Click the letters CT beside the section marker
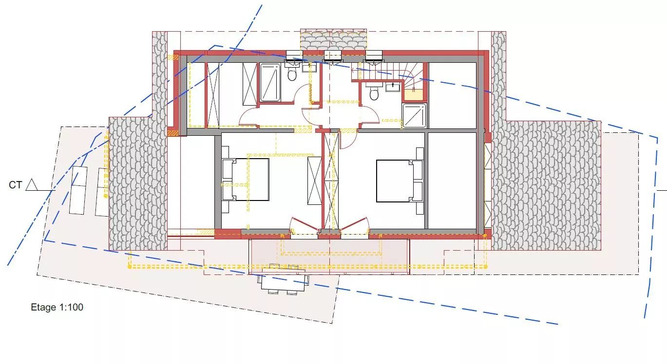click(16, 185)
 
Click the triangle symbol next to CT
click(32, 185)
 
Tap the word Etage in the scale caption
click(43, 307)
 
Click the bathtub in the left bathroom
click(270, 82)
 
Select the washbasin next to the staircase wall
click(393, 87)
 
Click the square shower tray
click(414, 115)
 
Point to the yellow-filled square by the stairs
click(413, 95)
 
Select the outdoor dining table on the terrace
click(284, 279)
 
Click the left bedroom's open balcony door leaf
click(305, 224)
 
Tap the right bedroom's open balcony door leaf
click(354, 224)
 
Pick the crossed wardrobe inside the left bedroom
click(314, 181)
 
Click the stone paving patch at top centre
click(333, 39)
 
